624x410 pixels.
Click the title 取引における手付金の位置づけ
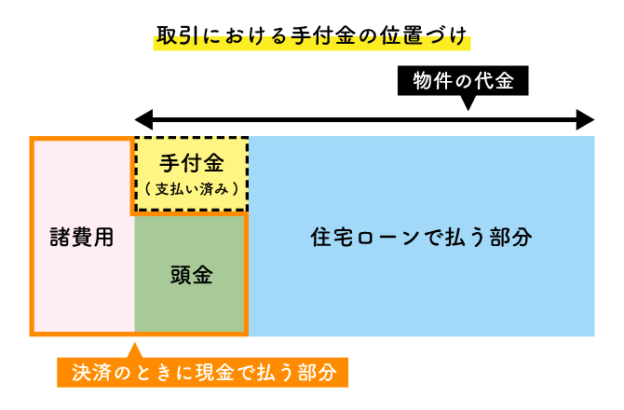point(312,39)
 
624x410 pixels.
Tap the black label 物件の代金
point(463,81)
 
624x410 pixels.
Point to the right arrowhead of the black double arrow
point(585,120)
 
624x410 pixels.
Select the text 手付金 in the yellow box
point(192,164)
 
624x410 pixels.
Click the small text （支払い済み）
point(192,188)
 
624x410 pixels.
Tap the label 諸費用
point(82,237)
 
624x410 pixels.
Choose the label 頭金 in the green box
point(191,276)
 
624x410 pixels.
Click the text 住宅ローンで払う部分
point(421,237)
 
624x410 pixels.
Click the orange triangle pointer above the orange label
point(134,351)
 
